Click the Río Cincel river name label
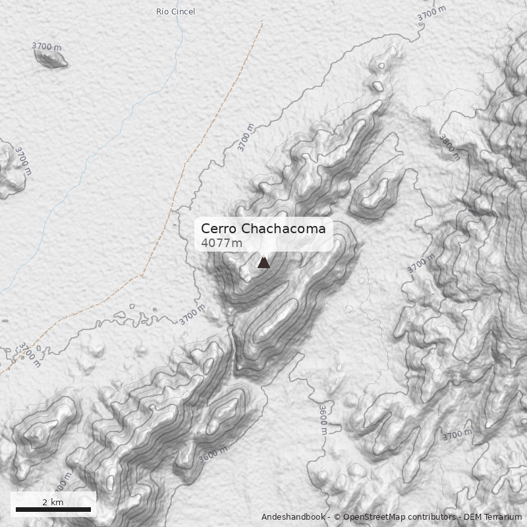pyautogui.click(x=175, y=11)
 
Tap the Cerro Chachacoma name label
pyautogui.click(x=263, y=229)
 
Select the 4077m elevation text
pyautogui.click(x=221, y=243)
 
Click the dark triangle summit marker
pyautogui.click(x=263, y=262)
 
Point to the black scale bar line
pyautogui.click(x=53, y=509)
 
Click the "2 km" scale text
pyautogui.click(x=53, y=502)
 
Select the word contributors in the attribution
pyautogui.click(x=431, y=517)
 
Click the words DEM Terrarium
pyautogui.click(x=492, y=517)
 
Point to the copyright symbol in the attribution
pyautogui.click(x=337, y=517)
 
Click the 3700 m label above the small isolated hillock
pyautogui.click(x=47, y=47)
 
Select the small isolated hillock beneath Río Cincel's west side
pyautogui.click(x=51, y=58)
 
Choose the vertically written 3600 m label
pyautogui.click(x=323, y=420)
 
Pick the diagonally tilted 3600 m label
pyautogui.click(x=212, y=455)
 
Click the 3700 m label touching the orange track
pyautogui.click(x=29, y=354)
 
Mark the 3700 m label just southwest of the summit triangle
pyautogui.click(x=192, y=315)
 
